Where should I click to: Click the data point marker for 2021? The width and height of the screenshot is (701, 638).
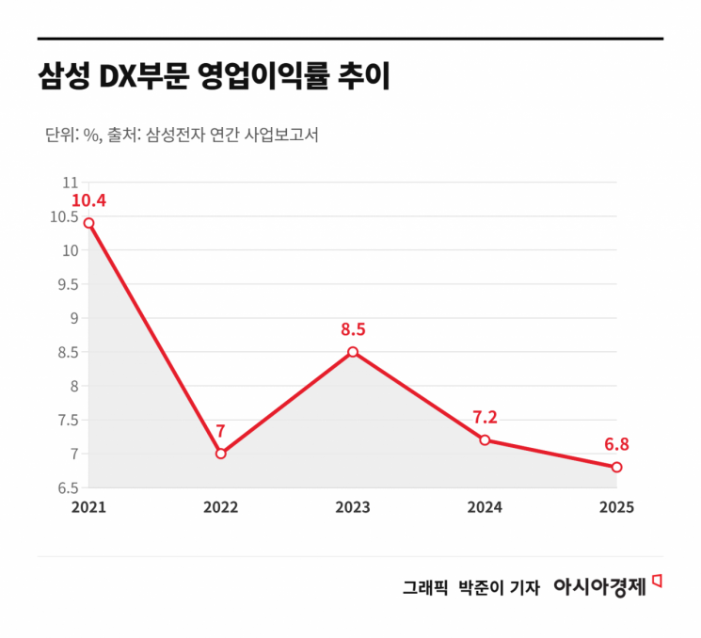click(x=88, y=223)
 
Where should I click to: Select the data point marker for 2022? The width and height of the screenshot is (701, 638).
click(x=220, y=454)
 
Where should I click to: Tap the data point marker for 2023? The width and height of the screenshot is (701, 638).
click(x=353, y=352)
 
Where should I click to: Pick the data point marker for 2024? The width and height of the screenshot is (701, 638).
click(x=485, y=439)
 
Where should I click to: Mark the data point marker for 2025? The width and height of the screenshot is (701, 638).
click(x=616, y=467)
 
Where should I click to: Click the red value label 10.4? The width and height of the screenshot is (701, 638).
click(x=88, y=200)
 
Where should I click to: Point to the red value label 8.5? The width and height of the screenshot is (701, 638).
click(x=353, y=329)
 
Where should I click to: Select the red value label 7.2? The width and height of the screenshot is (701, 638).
click(x=485, y=417)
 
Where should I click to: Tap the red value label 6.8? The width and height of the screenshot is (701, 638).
click(x=616, y=444)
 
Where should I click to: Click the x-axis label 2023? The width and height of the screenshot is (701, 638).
click(x=353, y=507)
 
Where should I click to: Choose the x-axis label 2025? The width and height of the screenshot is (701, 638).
click(x=616, y=507)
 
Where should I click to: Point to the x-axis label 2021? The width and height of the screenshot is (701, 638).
click(x=88, y=507)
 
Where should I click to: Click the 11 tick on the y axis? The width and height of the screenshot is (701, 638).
click(x=70, y=183)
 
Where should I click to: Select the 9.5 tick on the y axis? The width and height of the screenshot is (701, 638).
click(x=66, y=284)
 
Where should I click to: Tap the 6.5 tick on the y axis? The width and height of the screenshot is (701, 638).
click(x=66, y=487)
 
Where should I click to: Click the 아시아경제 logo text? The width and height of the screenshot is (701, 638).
click(x=599, y=586)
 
